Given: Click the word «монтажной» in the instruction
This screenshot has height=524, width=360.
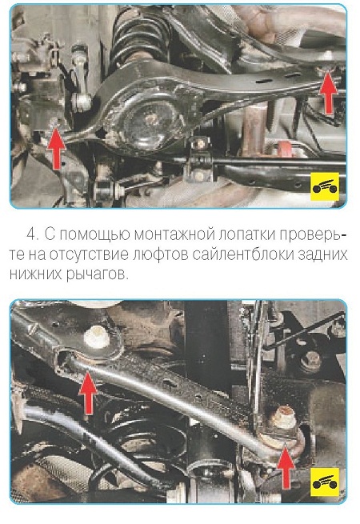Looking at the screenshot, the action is tap(174, 234).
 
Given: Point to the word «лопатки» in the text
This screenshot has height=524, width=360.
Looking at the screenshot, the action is tap(246, 234).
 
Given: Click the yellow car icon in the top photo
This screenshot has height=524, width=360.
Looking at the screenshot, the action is tap(325, 187).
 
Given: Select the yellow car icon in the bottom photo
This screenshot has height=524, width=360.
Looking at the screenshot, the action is tap(325, 482).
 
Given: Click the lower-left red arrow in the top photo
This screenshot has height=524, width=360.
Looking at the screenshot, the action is tap(56, 148).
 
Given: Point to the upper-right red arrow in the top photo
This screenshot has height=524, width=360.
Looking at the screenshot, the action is tap(328, 92).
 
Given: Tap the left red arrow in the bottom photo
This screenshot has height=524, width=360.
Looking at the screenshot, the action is tap(88, 393).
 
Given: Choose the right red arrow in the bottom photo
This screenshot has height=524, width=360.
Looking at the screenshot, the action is tap(286, 466).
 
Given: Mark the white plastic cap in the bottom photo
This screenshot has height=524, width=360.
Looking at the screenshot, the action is tap(97, 338).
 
